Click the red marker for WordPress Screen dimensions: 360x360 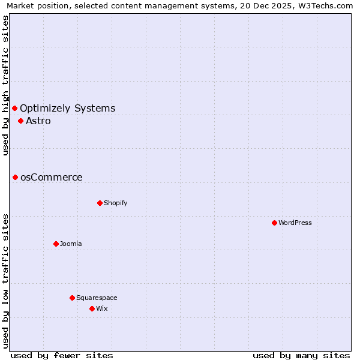point(274,223)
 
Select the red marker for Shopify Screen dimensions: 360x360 point(100,203)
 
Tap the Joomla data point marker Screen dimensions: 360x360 point(56,244)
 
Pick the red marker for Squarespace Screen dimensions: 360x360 point(72,298)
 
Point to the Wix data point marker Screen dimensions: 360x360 point(92,308)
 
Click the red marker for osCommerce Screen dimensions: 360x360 point(15,177)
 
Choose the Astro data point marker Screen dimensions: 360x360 point(20,121)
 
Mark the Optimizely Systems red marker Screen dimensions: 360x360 point(14,108)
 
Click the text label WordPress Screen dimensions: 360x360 point(295,223)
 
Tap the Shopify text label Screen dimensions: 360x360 point(116,203)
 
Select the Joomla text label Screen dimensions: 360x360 point(71,244)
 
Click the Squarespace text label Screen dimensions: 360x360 point(97,298)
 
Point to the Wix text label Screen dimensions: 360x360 point(102,308)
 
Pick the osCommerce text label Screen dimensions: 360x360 point(52,177)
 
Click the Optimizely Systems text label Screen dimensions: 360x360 point(68,108)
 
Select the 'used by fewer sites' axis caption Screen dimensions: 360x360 point(62,355)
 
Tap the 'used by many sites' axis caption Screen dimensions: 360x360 point(301,355)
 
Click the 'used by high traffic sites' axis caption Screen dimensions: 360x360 point(6,85)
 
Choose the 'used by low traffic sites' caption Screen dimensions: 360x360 point(6,281)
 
